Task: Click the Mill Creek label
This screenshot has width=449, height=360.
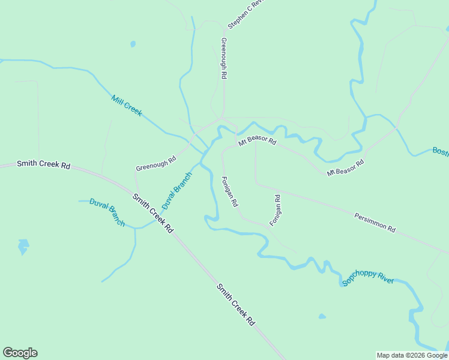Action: coord(127,105)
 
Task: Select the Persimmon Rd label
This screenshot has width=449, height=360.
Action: coord(375,222)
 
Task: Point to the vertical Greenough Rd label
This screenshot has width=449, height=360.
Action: coord(224,59)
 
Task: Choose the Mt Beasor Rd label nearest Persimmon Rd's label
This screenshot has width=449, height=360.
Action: coord(346,167)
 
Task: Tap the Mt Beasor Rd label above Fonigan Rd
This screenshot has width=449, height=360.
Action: coord(257,142)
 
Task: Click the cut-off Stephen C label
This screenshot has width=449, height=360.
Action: coord(246,14)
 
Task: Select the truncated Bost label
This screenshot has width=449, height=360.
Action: coord(441,150)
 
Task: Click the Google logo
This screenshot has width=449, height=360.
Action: coord(20,353)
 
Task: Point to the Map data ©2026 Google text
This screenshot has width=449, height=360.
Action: coord(412,355)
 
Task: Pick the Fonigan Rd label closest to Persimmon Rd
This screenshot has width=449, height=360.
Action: coord(276,210)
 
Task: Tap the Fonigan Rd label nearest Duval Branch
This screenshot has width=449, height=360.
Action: coord(230,192)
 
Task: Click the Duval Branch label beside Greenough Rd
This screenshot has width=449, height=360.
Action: coord(176,190)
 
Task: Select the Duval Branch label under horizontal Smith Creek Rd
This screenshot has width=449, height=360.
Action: coord(107,212)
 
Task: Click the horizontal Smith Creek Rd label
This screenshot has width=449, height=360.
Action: coord(43,164)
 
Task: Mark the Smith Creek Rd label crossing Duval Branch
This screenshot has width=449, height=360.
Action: coord(152,213)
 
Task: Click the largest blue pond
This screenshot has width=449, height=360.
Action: coord(23,246)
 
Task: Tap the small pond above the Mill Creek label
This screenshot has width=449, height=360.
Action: coord(133,44)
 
